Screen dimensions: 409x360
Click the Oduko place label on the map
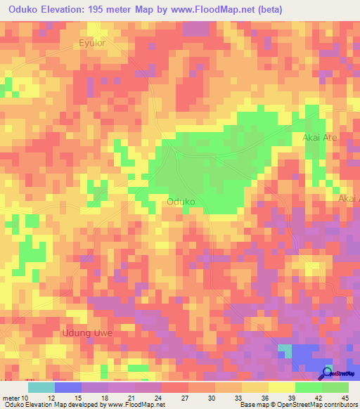coord(181,202)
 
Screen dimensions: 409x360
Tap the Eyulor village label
coord(92,43)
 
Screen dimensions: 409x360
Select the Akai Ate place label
coord(320,138)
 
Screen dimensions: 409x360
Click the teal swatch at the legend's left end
coord(41,387)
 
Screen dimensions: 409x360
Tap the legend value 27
coord(188,397)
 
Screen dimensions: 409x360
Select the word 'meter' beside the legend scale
coord(12,397)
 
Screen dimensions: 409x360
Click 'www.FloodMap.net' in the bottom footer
coord(132,405)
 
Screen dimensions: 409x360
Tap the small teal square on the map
coord(284,350)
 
